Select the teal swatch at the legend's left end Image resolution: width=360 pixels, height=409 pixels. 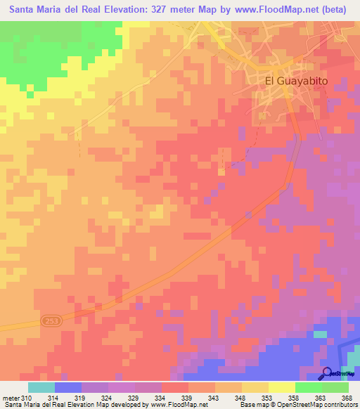(x=41, y=387)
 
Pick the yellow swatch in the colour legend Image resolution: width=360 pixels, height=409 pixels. (x=282, y=387)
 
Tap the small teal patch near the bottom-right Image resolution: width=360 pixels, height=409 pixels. (x=320, y=335)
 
